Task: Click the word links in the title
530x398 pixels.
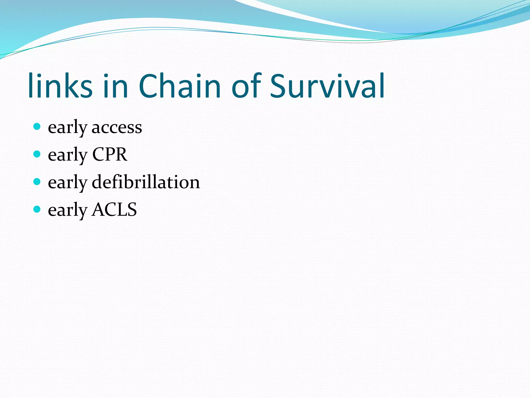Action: coord(60,86)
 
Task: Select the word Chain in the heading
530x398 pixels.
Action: coord(180,86)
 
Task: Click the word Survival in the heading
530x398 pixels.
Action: coord(327,86)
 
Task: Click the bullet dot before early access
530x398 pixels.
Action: coord(37,127)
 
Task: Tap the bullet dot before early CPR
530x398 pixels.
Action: coord(37,154)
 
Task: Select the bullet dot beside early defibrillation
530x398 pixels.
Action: coord(37,182)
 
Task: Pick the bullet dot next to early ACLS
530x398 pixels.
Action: coord(37,209)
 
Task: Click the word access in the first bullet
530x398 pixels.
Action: coord(117,128)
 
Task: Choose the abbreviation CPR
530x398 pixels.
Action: coord(110,155)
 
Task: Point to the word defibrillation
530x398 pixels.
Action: coord(146,182)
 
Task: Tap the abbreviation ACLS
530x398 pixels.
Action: coord(114,210)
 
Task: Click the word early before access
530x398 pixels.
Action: coord(67,128)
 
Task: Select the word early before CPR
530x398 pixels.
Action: coord(67,155)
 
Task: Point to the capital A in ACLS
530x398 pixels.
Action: coord(98,210)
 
